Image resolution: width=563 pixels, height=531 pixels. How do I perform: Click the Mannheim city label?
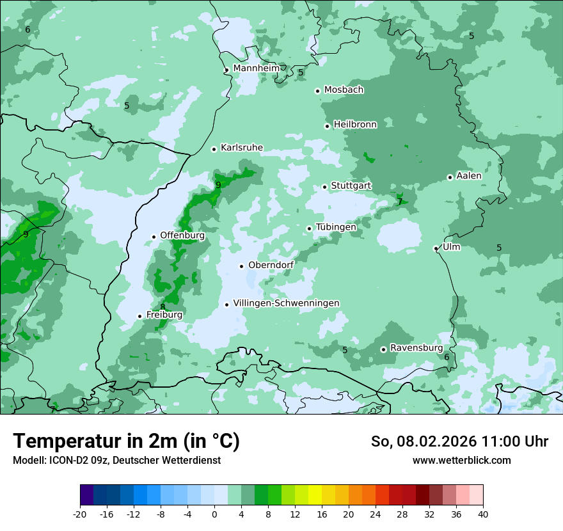pos(257,68)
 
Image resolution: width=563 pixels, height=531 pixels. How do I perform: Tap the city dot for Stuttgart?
pos(325,187)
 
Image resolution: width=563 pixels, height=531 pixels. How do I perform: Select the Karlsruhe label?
pos(242,148)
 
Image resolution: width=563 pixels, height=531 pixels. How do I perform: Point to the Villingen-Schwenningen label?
pos(286,303)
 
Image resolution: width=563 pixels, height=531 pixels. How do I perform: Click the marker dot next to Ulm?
pos(436,248)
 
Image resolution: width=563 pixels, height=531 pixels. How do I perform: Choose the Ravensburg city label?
pos(416,348)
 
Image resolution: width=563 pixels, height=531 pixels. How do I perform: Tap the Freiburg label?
pos(164,315)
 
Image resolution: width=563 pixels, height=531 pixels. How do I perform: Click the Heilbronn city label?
pos(355,125)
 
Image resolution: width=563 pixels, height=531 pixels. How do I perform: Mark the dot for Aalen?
pos(450,177)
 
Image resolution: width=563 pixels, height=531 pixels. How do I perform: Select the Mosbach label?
pos(344,90)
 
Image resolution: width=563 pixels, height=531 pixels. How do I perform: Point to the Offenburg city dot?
pos(154,237)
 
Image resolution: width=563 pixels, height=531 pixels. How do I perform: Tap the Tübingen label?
pos(336,227)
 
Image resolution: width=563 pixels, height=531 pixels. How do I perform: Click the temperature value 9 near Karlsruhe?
pos(218,185)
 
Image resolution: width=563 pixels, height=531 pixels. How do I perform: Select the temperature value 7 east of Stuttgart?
pos(400,202)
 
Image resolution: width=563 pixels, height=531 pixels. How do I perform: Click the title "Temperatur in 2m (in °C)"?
pos(127,441)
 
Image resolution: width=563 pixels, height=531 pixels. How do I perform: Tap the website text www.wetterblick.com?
pos(462,460)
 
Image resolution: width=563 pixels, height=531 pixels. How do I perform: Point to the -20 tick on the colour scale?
pos(80,514)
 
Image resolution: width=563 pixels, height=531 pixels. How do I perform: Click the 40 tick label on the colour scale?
pos(483,514)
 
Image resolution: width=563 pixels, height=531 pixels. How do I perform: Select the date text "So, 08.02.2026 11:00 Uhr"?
pos(459,441)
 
